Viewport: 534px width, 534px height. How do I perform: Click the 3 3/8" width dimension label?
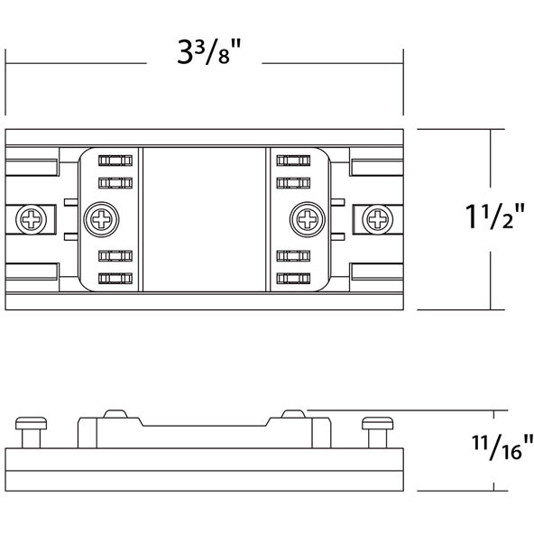coord(209,51)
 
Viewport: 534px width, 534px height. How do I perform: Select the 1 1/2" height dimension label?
coord(494,216)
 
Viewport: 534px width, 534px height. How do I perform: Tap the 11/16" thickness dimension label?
coord(502,447)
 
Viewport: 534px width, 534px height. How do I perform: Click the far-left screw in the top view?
coord(32,219)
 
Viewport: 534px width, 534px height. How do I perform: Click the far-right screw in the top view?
coord(377,219)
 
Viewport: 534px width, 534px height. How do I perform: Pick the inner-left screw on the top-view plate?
coord(102,219)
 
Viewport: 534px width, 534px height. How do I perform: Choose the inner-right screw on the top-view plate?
coord(308,219)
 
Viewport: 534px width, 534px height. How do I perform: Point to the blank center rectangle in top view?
coord(205,219)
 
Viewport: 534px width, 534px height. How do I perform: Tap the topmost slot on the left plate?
coord(115,161)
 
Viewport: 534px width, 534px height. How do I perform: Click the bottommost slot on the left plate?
coord(115,278)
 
